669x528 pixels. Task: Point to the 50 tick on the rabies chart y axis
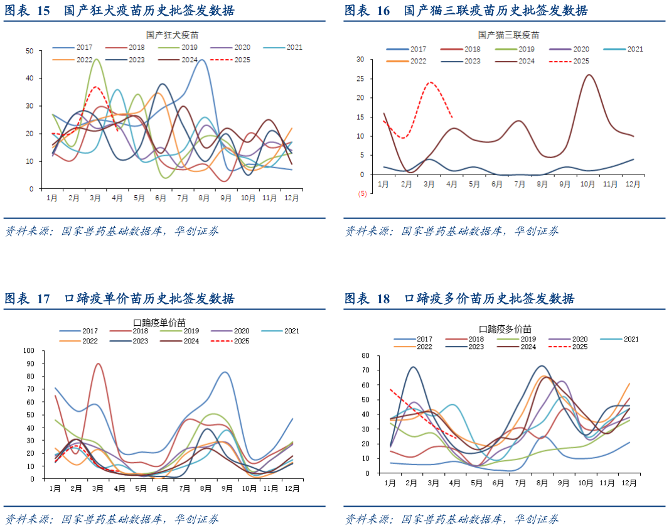pos(29,51)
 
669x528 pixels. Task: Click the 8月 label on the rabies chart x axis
pos(205,198)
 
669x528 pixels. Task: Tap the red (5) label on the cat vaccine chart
pos(362,194)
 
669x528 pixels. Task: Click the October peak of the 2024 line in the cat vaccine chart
pos(589,75)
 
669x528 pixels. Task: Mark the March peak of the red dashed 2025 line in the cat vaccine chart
pos(431,82)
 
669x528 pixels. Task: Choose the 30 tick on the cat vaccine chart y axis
pos(360,60)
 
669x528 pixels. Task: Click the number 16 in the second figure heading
pos(383,11)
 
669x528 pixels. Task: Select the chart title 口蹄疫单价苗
pos(159,322)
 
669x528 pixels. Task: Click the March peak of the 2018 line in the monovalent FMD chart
pos(98,364)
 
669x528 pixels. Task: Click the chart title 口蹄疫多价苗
pos(505,329)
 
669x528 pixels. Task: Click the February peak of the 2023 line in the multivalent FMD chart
pos(412,367)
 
